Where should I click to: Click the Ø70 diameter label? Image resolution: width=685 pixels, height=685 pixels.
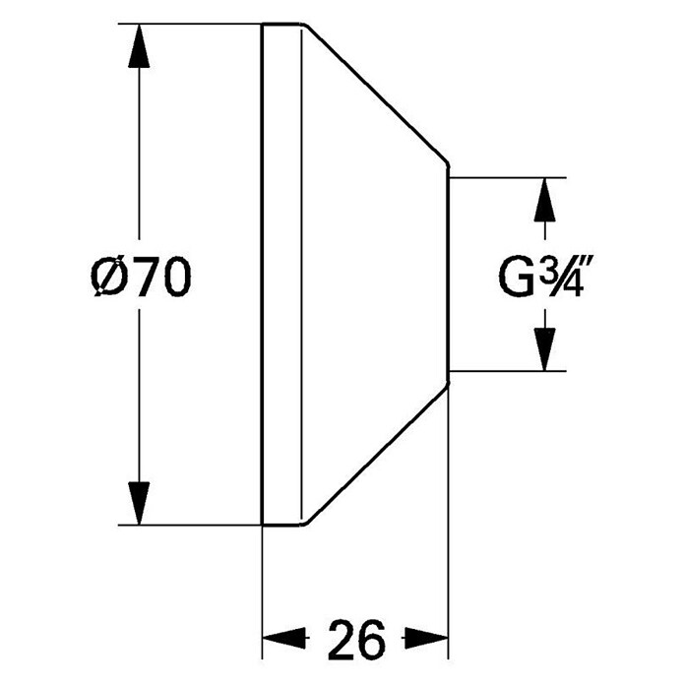pyautogui.click(x=141, y=277)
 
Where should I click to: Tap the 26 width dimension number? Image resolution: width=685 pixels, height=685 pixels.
pyautogui.click(x=356, y=641)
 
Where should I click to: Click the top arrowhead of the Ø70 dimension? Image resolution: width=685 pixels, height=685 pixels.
pyautogui.click(x=139, y=46)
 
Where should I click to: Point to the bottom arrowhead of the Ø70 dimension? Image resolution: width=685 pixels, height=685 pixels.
pyautogui.click(x=139, y=503)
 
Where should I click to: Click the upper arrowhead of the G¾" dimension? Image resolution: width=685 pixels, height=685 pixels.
pyautogui.click(x=545, y=200)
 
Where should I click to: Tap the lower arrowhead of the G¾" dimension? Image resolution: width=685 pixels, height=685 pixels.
pyautogui.click(x=545, y=349)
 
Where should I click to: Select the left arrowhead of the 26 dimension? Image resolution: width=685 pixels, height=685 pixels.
pyautogui.click(x=283, y=639)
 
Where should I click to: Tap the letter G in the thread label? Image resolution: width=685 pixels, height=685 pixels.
pyautogui.click(x=517, y=276)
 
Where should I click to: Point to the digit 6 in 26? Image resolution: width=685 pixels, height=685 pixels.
pyautogui.click(x=372, y=641)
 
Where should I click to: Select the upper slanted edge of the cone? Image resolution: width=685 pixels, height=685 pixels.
pyautogui.click(x=377, y=93)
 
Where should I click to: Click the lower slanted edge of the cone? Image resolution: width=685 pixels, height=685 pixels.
pyautogui.click(x=377, y=454)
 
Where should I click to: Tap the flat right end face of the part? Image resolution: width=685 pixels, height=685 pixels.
pyautogui.click(x=449, y=274)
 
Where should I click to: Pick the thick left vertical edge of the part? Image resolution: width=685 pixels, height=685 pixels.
pyautogui.click(x=262, y=274)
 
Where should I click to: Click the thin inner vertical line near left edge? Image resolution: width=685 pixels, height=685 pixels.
pyautogui.click(x=301, y=274)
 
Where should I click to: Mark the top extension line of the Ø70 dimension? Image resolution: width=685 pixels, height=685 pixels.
pyautogui.click(x=190, y=24)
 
